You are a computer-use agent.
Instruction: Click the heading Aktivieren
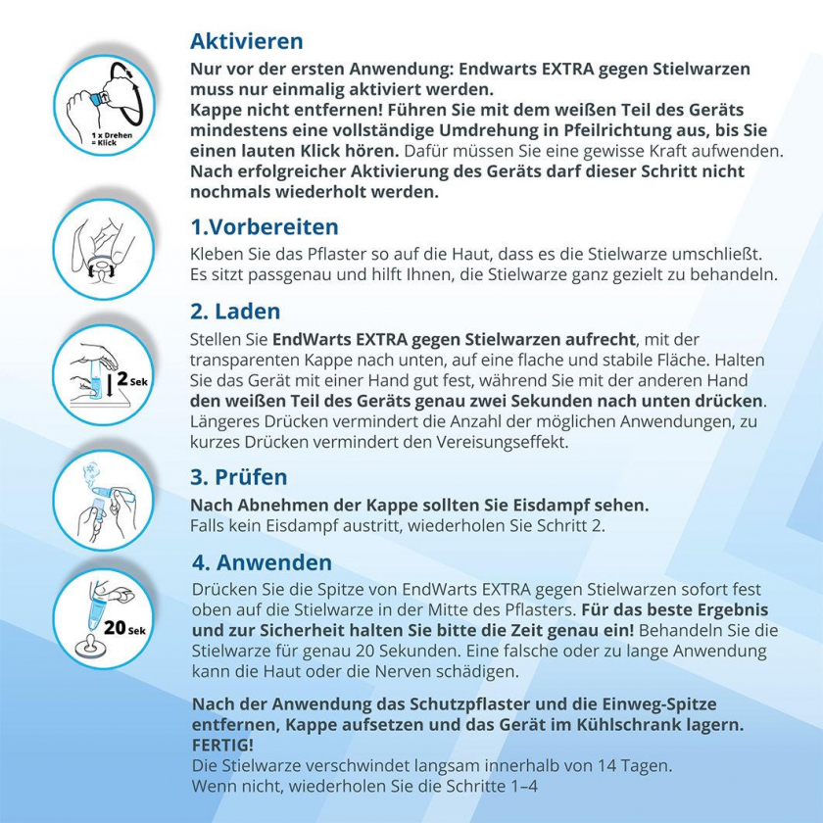tap(246, 41)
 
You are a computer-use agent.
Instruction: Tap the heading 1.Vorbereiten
tap(264, 226)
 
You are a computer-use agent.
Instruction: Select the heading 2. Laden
tap(235, 312)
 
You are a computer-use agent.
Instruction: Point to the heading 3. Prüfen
tap(239, 477)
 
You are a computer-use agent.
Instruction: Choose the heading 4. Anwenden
tap(262, 563)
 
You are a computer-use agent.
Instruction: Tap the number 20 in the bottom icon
tap(115, 628)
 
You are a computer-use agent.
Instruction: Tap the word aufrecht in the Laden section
tap(598, 339)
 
